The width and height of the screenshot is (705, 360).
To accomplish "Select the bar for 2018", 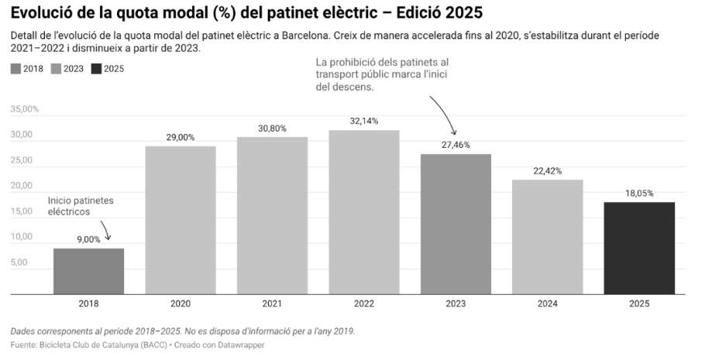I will (x=88, y=271).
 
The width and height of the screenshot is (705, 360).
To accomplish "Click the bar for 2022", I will (x=363, y=212).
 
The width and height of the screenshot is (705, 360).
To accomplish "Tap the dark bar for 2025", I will (x=639, y=248).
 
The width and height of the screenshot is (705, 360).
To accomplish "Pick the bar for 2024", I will (x=547, y=237).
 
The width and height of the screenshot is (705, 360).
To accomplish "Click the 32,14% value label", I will (x=363, y=121).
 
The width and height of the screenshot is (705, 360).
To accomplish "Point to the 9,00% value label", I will (x=88, y=240).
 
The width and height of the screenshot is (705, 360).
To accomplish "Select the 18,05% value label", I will (x=639, y=194).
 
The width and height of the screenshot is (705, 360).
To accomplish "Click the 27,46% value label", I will (x=456, y=145).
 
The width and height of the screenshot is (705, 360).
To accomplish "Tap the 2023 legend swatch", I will (x=57, y=69).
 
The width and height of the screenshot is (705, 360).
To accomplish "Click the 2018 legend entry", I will (x=26, y=69).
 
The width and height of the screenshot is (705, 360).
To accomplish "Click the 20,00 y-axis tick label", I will (x=22, y=186).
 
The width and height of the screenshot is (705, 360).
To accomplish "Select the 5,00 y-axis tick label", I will (x=19, y=262).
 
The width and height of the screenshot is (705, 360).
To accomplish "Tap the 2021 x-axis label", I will (x=272, y=304).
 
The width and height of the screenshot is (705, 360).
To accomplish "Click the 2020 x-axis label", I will (x=180, y=304).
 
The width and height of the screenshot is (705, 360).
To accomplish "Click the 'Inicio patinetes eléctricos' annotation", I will (x=81, y=205).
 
